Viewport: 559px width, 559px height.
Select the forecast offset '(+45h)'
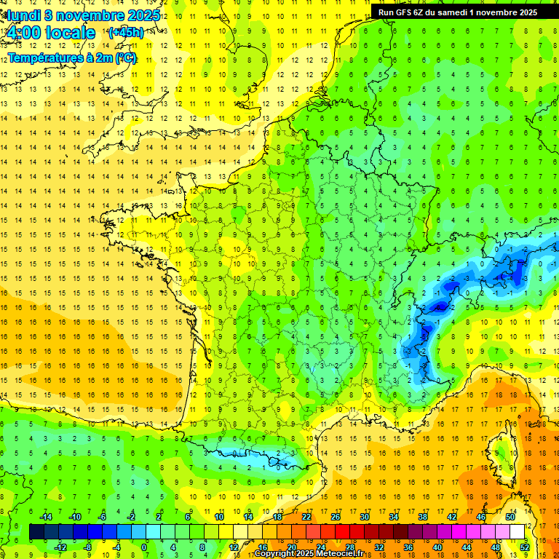[124, 32]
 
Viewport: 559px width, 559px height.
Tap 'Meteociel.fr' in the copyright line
[332, 554]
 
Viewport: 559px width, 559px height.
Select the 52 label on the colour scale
[525, 547]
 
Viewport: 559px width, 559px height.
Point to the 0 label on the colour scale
[144, 547]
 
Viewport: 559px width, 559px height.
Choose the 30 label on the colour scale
[365, 517]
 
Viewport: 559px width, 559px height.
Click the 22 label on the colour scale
[306, 517]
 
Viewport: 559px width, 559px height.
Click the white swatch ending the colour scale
[518, 532]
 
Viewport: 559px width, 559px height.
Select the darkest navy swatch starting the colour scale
[36, 532]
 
